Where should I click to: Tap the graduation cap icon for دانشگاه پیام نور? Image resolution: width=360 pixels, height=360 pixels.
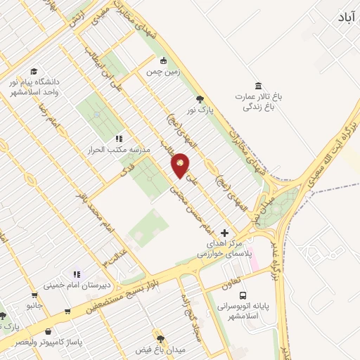34,71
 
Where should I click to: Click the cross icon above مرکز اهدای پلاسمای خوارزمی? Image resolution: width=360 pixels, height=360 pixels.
224,232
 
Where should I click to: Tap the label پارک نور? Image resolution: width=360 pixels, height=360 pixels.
200,110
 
